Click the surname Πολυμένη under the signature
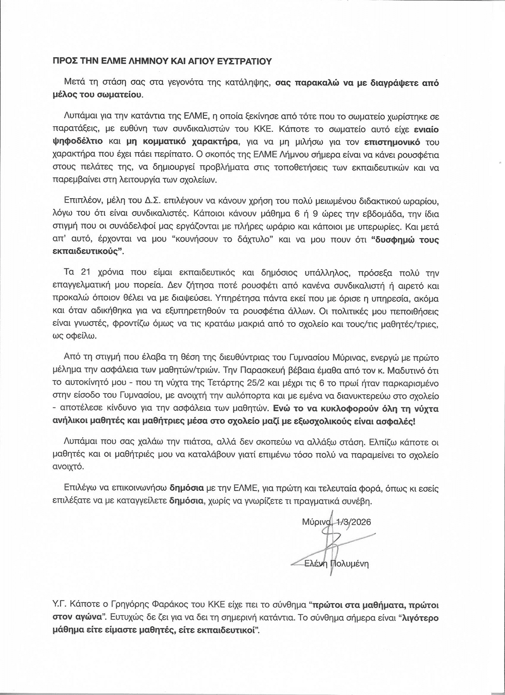[x=348, y=563]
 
